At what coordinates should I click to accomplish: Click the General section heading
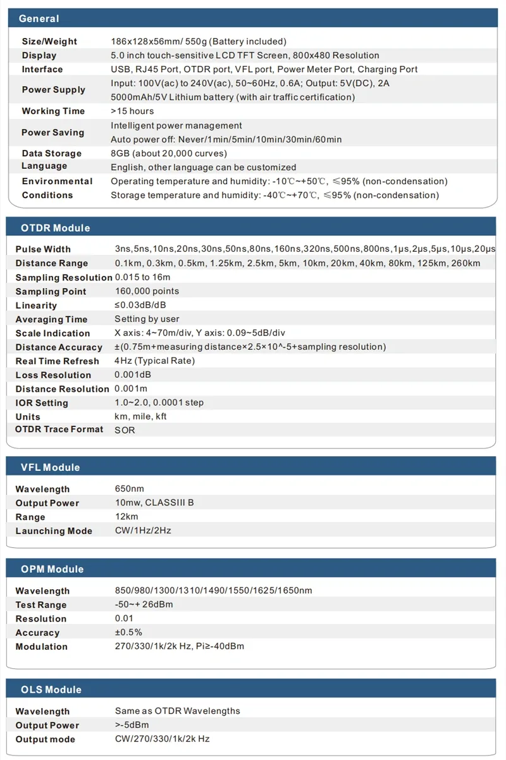[x=39, y=18]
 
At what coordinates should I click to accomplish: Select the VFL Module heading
[x=50, y=467]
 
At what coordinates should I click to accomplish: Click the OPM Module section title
[x=52, y=569]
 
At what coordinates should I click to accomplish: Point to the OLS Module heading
[x=51, y=689]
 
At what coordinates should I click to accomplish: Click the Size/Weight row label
[x=49, y=41]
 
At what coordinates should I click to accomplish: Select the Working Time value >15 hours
[x=132, y=111]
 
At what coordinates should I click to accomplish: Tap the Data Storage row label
[x=51, y=153]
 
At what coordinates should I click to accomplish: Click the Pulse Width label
[x=43, y=249]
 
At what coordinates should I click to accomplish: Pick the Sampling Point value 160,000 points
[x=147, y=291]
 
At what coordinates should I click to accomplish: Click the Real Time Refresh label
[x=57, y=361]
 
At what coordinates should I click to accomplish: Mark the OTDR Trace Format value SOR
[x=125, y=430]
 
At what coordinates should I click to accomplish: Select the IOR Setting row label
[x=42, y=402]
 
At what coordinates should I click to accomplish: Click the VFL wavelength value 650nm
[x=129, y=489]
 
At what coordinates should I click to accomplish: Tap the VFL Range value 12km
[x=126, y=516]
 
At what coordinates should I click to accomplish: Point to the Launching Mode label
[x=54, y=531]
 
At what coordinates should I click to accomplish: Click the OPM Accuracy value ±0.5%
[x=128, y=632]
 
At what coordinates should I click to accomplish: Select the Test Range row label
[x=40, y=604]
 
